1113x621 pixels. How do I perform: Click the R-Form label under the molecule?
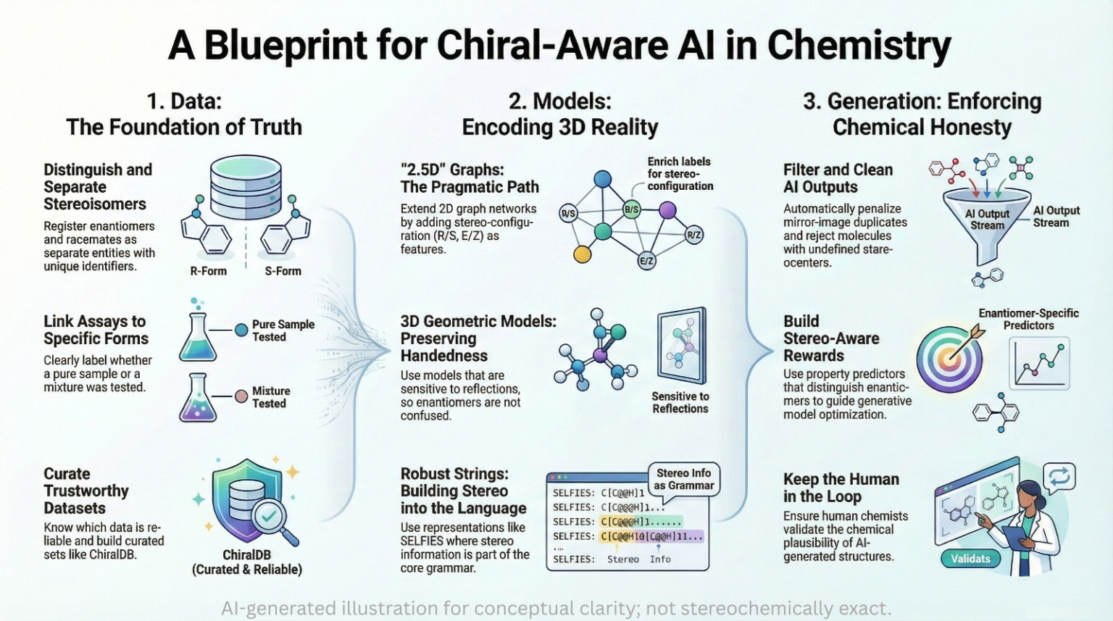208,271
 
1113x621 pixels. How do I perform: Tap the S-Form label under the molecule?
283,271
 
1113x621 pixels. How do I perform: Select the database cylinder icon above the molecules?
246,181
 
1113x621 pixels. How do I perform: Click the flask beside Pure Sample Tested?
197,338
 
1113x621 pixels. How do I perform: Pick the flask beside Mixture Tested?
197,398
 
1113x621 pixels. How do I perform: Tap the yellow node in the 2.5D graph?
582,254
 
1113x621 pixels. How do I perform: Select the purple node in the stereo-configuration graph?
667,211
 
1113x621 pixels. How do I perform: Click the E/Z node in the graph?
646,261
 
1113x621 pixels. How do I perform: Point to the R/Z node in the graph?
693,235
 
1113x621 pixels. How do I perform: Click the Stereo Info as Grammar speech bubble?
683,479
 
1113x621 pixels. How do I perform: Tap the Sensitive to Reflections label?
680,402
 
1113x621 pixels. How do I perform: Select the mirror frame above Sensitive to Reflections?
681,346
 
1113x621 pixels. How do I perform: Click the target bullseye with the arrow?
949,359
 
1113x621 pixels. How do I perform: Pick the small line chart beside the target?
1039,363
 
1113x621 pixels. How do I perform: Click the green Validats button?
970,559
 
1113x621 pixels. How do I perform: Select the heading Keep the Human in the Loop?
841,488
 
